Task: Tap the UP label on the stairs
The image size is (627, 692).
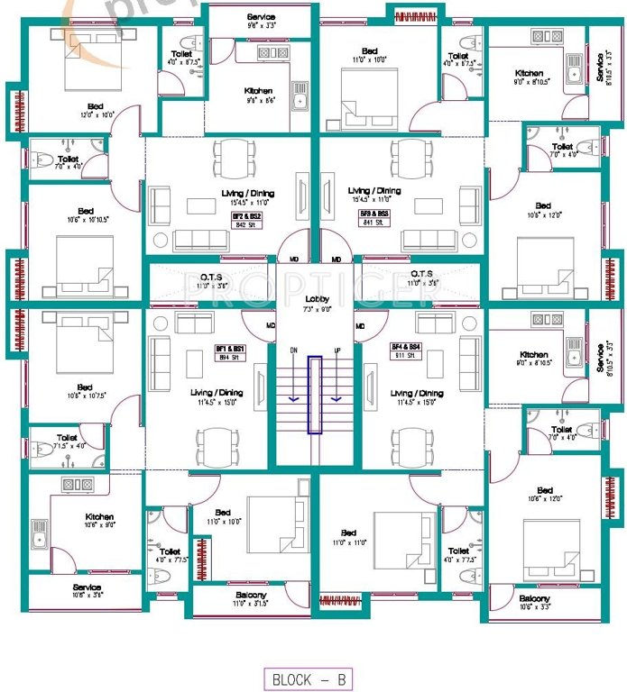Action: [337, 350]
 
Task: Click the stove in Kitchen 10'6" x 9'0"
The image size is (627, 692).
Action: [77, 485]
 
